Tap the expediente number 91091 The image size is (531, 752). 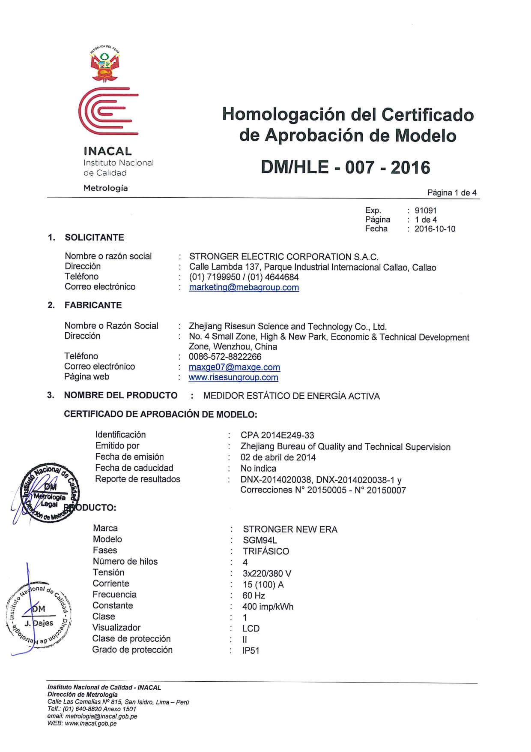pyautogui.click(x=425, y=211)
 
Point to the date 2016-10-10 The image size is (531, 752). pyautogui.click(x=435, y=229)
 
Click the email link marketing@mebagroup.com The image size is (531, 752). pyautogui.click(x=244, y=288)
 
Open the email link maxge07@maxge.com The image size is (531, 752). pyautogui.click(x=234, y=367)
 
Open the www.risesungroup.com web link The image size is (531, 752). pyautogui.click(x=233, y=378)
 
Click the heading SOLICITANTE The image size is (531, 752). pyautogui.click(x=94, y=238)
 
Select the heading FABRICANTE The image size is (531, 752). pyautogui.click(x=93, y=305)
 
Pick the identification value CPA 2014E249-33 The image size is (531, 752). pyautogui.click(x=277, y=435)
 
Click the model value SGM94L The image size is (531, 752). pyautogui.click(x=260, y=540)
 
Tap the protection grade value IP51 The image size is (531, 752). pyautogui.click(x=251, y=651)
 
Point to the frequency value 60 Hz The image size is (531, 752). pyautogui.click(x=254, y=596)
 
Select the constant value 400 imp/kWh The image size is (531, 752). pyautogui.click(x=268, y=607)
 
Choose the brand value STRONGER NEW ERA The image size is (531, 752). pyautogui.click(x=290, y=529)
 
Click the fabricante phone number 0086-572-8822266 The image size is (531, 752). pyautogui.click(x=225, y=357)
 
